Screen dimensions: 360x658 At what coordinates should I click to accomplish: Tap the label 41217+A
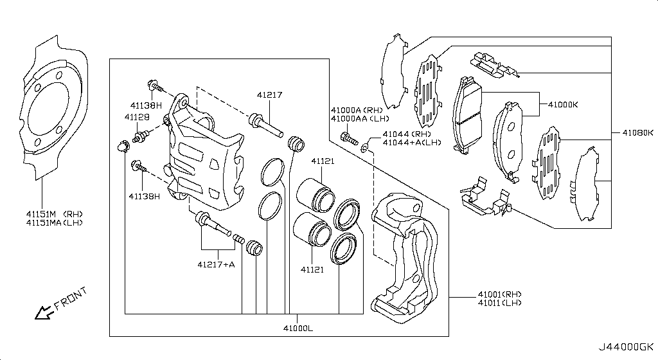216,264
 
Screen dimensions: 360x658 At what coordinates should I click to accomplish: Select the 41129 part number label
136,117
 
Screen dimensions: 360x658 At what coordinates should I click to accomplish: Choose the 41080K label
637,133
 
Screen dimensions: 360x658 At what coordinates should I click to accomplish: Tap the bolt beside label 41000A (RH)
348,137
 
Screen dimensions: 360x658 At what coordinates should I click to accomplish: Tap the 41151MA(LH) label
54,222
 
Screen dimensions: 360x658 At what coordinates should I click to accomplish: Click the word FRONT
69,299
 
